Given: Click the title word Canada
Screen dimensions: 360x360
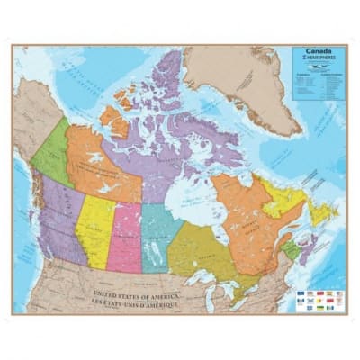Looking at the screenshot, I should [317, 52].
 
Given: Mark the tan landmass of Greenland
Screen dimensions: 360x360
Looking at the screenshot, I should [243, 81].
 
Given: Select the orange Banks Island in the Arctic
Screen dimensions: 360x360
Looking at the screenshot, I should [113, 117].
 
